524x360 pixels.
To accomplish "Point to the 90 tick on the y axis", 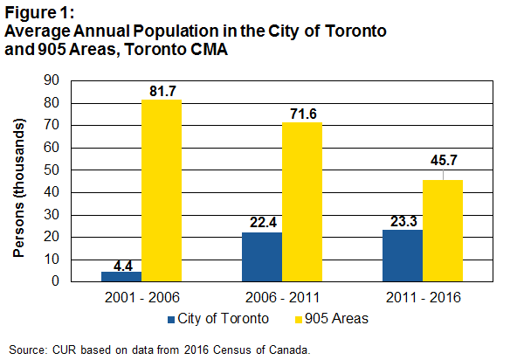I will coord(52,80).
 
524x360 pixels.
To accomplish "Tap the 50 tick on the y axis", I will coord(52,170).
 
